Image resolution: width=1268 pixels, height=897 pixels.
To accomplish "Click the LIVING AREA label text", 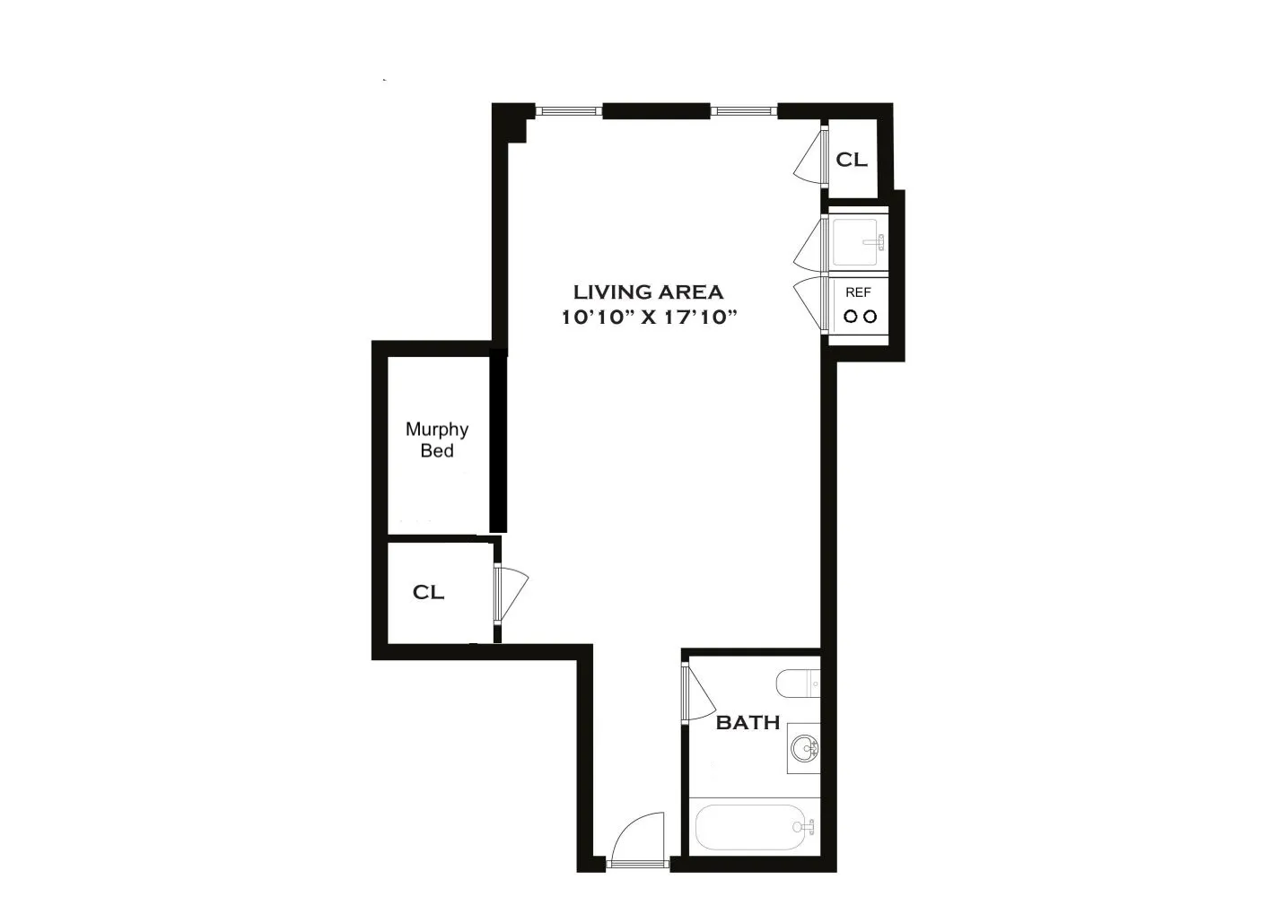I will (648, 292).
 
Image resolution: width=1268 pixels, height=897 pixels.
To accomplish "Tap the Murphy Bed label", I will (437, 440).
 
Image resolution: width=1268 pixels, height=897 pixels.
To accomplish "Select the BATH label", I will (748, 722).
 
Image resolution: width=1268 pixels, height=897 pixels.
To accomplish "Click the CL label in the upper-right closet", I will (852, 160).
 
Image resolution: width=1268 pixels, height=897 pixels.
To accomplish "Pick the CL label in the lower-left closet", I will (428, 593).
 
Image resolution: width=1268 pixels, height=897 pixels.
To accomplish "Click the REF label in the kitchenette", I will (858, 292).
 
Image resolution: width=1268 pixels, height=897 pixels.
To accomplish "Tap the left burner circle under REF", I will (849, 316).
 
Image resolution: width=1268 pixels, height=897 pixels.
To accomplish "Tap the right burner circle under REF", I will (869, 316).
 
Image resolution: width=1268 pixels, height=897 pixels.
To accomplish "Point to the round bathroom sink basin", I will (805, 747).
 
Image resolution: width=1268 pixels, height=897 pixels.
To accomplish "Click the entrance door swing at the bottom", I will (638, 839).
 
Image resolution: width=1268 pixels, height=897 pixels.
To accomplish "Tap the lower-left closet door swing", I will (512, 592).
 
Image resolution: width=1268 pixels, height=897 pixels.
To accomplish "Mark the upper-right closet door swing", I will (810, 157).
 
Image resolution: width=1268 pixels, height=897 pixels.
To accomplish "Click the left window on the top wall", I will (569, 111).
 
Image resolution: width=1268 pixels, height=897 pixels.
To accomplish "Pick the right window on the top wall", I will (745, 111).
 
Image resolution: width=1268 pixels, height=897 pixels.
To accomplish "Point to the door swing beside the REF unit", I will (809, 303).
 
